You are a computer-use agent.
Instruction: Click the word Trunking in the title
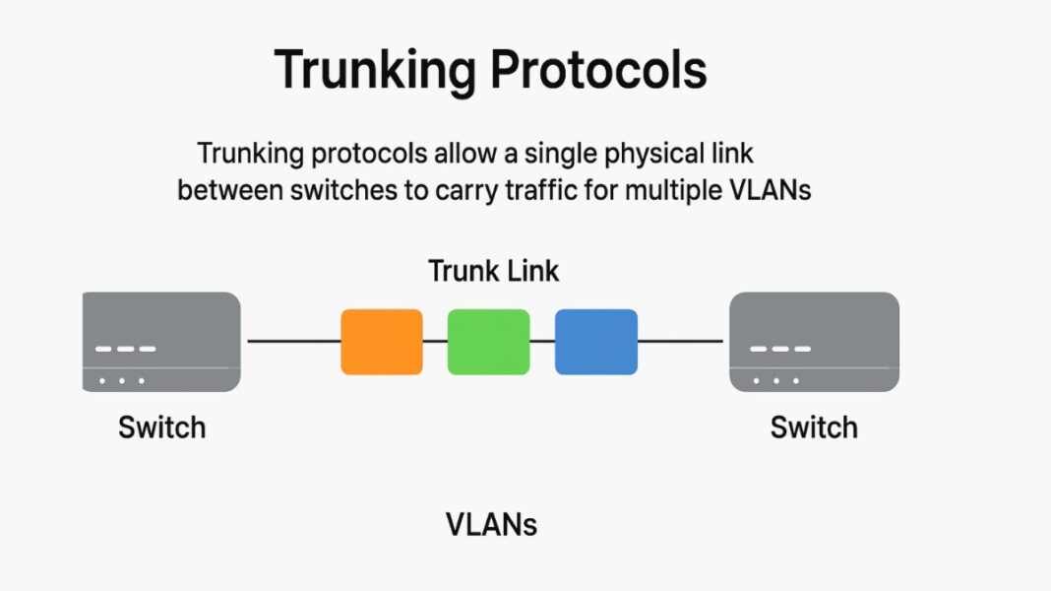pos(372,71)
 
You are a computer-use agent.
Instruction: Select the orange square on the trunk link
pos(382,342)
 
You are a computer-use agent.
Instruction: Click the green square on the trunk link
pos(488,342)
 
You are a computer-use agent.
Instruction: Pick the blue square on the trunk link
pos(595,342)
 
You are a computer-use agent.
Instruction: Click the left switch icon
pos(161,342)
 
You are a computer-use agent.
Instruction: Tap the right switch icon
pos(813,342)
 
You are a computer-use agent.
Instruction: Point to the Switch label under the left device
pos(161,427)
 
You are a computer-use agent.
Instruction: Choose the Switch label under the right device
pos(814,427)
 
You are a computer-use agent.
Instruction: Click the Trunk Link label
pos(493,271)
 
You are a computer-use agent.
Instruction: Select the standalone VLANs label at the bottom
pos(491,525)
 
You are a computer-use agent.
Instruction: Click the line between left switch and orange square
pos(292,342)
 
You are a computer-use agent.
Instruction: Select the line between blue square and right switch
pos(682,342)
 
